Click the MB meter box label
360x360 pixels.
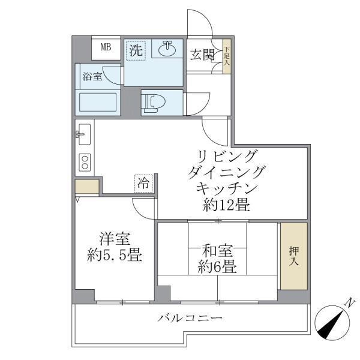[x=105, y=47]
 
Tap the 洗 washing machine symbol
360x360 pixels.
[x=136, y=51]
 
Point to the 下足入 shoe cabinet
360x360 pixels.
[x=227, y=56]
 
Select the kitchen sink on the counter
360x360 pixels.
[x=84, y=134]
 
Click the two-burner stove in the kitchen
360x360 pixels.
[x=85, y=162]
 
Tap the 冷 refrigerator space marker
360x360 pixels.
[x=144, y=183]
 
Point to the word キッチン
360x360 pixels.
[x=226, y=188]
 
